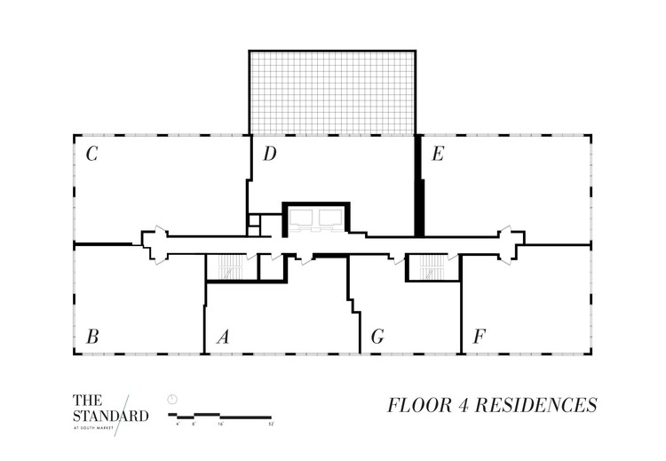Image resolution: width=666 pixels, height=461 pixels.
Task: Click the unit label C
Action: point(91,155)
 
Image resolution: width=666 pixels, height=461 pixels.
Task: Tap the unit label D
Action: point(270,155)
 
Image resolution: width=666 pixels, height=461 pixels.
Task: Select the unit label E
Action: point(437,155)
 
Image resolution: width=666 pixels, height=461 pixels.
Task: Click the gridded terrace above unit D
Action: point(332,91)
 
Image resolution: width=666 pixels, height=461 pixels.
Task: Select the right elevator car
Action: point(329,216)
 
